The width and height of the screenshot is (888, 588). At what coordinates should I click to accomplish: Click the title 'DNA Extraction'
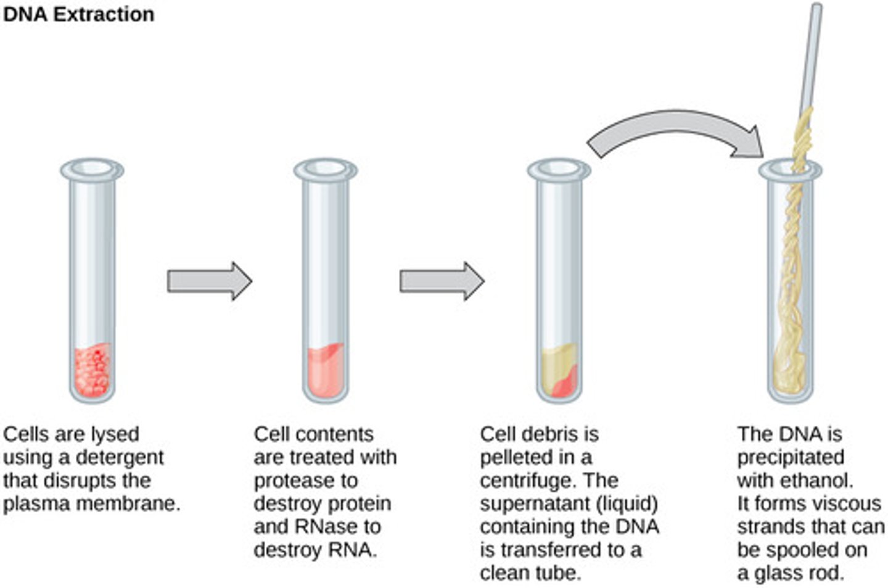tap(78, 14)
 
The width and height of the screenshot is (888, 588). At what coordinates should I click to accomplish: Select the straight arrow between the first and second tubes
tap(209, 281)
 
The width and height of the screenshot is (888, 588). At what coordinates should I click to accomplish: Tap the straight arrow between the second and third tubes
tap(442, 281)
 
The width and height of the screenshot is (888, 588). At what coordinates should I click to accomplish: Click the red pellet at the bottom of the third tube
tap(565, 386)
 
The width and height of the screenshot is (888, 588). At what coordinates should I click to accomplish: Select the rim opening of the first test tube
tap(92, 168)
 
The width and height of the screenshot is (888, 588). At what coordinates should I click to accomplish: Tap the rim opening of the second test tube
tap(325, 168)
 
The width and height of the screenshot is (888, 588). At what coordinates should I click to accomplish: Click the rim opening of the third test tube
tap(558, 168)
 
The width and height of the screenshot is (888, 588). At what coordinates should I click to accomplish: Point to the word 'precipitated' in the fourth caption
tap(791, 458)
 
